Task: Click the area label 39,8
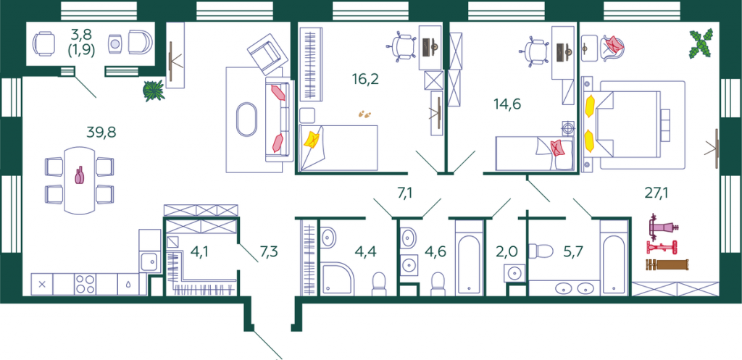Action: tap(101, 132)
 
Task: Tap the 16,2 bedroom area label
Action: tap(366, 78)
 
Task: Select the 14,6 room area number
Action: tap(507, 104)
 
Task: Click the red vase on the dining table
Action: tap(79, 175)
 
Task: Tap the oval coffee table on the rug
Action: tap(245, 120)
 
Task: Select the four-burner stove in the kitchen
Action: tap(86, 285)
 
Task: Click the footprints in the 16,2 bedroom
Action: tap(364, 114)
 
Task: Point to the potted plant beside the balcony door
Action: tap(154, 91)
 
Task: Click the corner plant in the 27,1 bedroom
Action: tap(701, 44)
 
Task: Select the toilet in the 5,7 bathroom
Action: tap(541, 250)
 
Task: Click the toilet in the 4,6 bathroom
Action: tap(438, 283)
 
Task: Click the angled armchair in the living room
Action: tap(267, 54)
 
